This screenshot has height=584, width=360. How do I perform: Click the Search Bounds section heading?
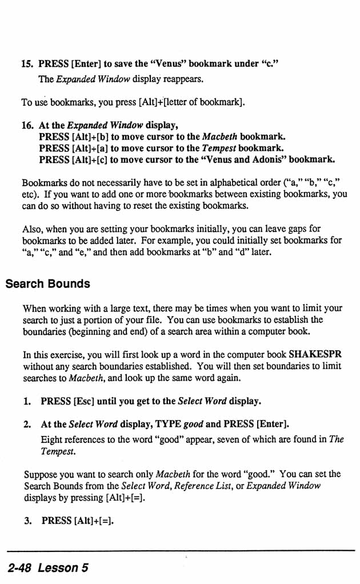(x=48, y=284)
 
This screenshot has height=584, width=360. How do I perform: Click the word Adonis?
(x=269, y=159)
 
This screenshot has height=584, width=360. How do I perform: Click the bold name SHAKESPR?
(x=315, y=354)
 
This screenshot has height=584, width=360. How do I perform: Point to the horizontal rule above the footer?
(x=180, y=551)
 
